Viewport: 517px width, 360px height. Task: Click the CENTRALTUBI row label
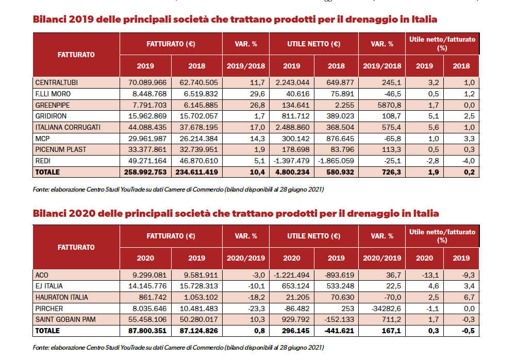click(x=56, y=82)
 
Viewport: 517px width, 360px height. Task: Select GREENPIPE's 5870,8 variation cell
click(x=388, y=105)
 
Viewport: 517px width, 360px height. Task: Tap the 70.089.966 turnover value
click(x=147, y=82)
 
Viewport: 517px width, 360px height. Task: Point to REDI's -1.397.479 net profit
click(x=291, y=161)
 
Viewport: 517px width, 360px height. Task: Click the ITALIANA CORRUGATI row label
click(x=68, y=127)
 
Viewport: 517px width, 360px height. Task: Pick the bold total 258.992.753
click(x=145, y=172)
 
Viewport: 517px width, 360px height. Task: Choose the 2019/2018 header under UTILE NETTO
click(x=382, y=66)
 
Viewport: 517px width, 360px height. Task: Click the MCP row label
click(x=42, y=139)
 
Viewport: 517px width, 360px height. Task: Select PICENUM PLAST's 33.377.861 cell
click(x=147, y=149)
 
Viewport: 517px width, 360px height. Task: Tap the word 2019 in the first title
click(x=81, y=20)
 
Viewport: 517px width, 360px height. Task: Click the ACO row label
click(x=42, y=275)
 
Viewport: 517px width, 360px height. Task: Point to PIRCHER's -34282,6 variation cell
click(x=386, y=308)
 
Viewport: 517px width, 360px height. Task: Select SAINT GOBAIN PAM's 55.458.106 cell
click(x=147, y=319)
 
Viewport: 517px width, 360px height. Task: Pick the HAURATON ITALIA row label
click(x=61, y=297)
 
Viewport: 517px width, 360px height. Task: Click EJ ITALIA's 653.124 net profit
click(x=295, y=286)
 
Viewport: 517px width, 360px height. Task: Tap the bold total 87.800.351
click(x=147, y=331)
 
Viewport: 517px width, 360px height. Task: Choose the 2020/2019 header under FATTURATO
click(x=246, y=258)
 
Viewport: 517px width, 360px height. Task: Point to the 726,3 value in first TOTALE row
click(x=391, y=172)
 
